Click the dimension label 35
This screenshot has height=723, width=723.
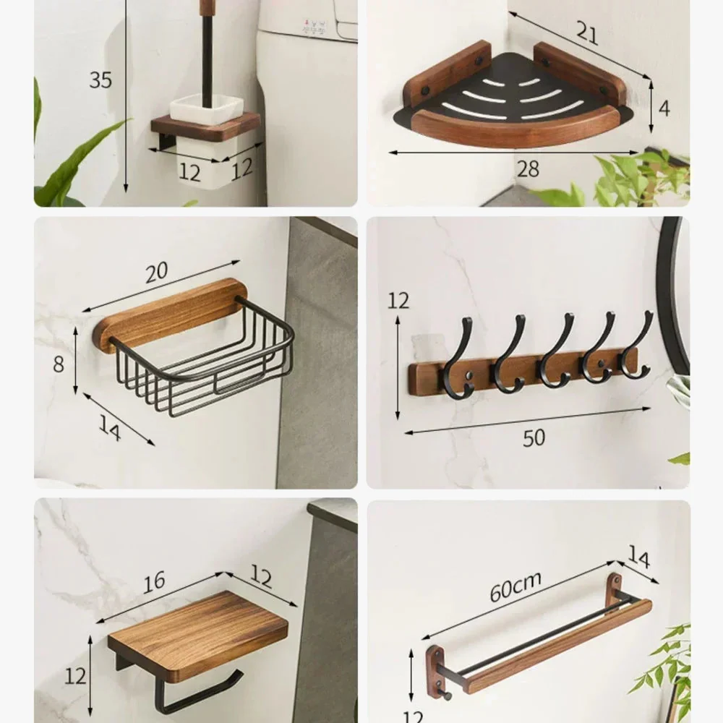100,80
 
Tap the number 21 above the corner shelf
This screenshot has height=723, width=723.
587,33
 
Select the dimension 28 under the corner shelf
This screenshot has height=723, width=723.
528,168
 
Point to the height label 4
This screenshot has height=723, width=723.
664,109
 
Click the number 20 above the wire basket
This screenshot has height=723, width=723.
157,273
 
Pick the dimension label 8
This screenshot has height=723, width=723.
59,364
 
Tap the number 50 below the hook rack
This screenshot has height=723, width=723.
534,437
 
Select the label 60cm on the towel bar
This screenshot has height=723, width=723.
515,586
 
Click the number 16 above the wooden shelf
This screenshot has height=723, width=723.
154,583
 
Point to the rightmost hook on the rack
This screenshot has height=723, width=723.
637,344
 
